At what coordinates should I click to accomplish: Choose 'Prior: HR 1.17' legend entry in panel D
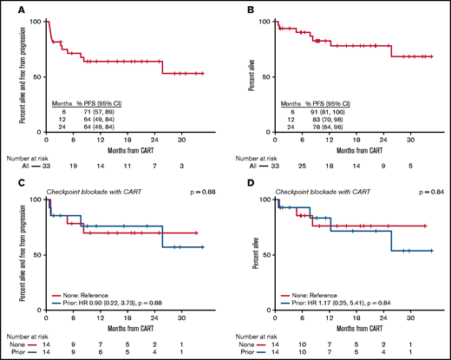(x=333, y=291)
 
